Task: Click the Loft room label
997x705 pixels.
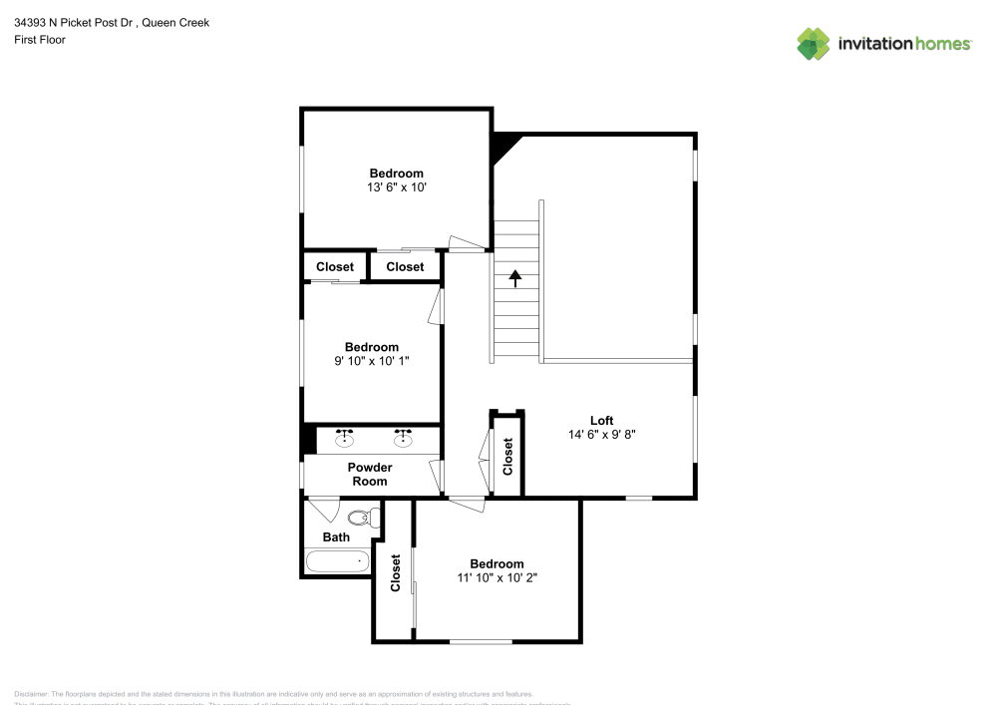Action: pos(601,420)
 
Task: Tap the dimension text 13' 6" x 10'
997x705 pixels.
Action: pos(397,186)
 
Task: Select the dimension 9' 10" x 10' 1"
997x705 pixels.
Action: pos(372,361)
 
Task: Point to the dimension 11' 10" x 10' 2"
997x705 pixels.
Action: pos(497,577)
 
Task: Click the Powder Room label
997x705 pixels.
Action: pos(370,474)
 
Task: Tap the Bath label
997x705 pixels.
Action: pos(336,536)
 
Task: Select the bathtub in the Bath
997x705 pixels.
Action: pos(337,561)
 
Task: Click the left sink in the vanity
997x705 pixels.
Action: pos(344,437)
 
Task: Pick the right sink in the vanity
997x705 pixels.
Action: pos(403,437)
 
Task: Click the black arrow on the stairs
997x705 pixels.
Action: pos(515,278)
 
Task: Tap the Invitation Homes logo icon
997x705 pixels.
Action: pos(814,43)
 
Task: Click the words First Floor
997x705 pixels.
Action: pos(40,40)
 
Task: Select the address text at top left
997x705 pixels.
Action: pos(112,22)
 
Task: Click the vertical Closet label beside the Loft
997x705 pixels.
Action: pos(507,457)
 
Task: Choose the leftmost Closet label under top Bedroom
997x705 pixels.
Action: pos(335,266)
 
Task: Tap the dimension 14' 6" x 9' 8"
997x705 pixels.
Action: pos(601,434)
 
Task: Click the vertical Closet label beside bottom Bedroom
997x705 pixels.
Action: pos(395,572)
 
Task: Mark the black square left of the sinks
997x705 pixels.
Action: pos(309,440)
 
